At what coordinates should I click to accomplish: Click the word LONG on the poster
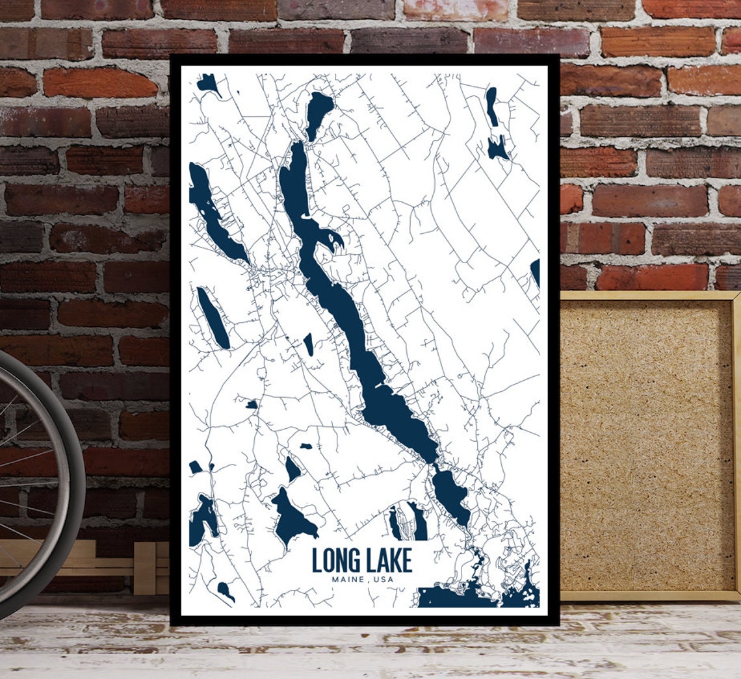click(x=336, y=561)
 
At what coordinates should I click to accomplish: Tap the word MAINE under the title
click(x=347, y=580)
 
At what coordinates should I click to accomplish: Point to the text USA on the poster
click(x=383, y=580)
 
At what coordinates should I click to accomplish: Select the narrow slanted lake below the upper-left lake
click(x=213, y=318)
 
